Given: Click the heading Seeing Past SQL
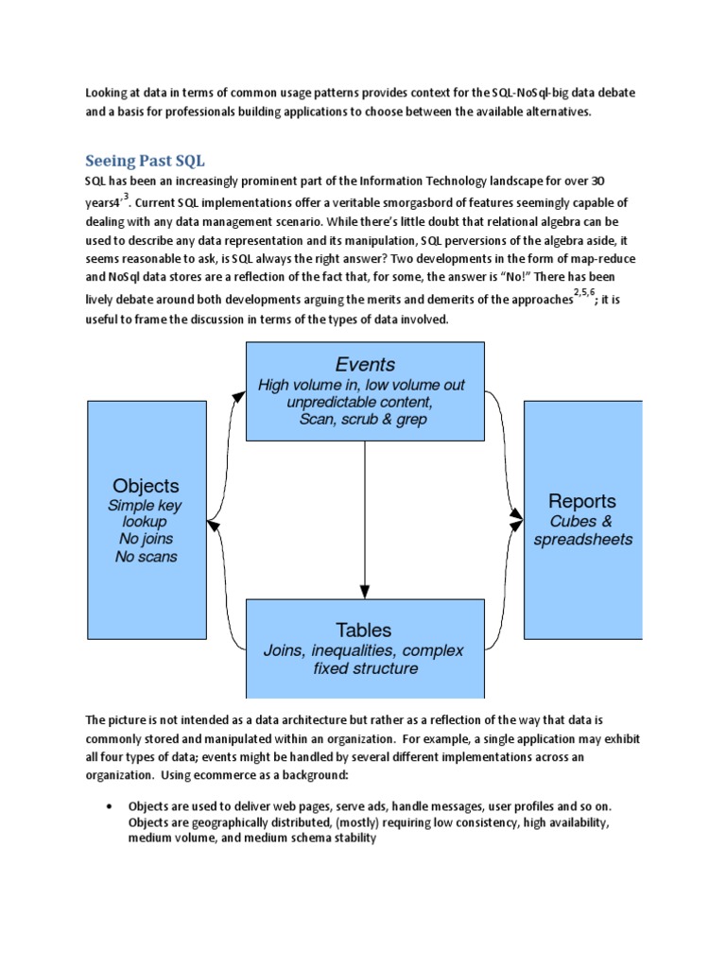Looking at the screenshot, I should coord(145,160).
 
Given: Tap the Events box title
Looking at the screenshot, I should coord(365,365).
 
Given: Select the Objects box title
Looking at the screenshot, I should coord(146,486).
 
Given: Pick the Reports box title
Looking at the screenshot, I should coord(582,501).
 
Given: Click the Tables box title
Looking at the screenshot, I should coord(364,630).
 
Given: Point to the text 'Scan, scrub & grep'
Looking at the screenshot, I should coord(364,419).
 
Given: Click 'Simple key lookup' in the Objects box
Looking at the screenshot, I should coord(145,513).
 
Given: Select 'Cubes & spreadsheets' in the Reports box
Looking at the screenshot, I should coord(582,530).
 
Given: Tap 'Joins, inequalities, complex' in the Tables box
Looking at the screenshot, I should coord(364,650).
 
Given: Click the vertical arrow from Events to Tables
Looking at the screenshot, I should coord(365,520).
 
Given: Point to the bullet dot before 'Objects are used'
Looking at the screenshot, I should coord(110,805).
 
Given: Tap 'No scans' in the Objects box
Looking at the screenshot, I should coord(146,557).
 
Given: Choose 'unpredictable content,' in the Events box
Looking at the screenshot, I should coord(364,402).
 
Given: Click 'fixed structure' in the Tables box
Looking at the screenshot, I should coord(364,669).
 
